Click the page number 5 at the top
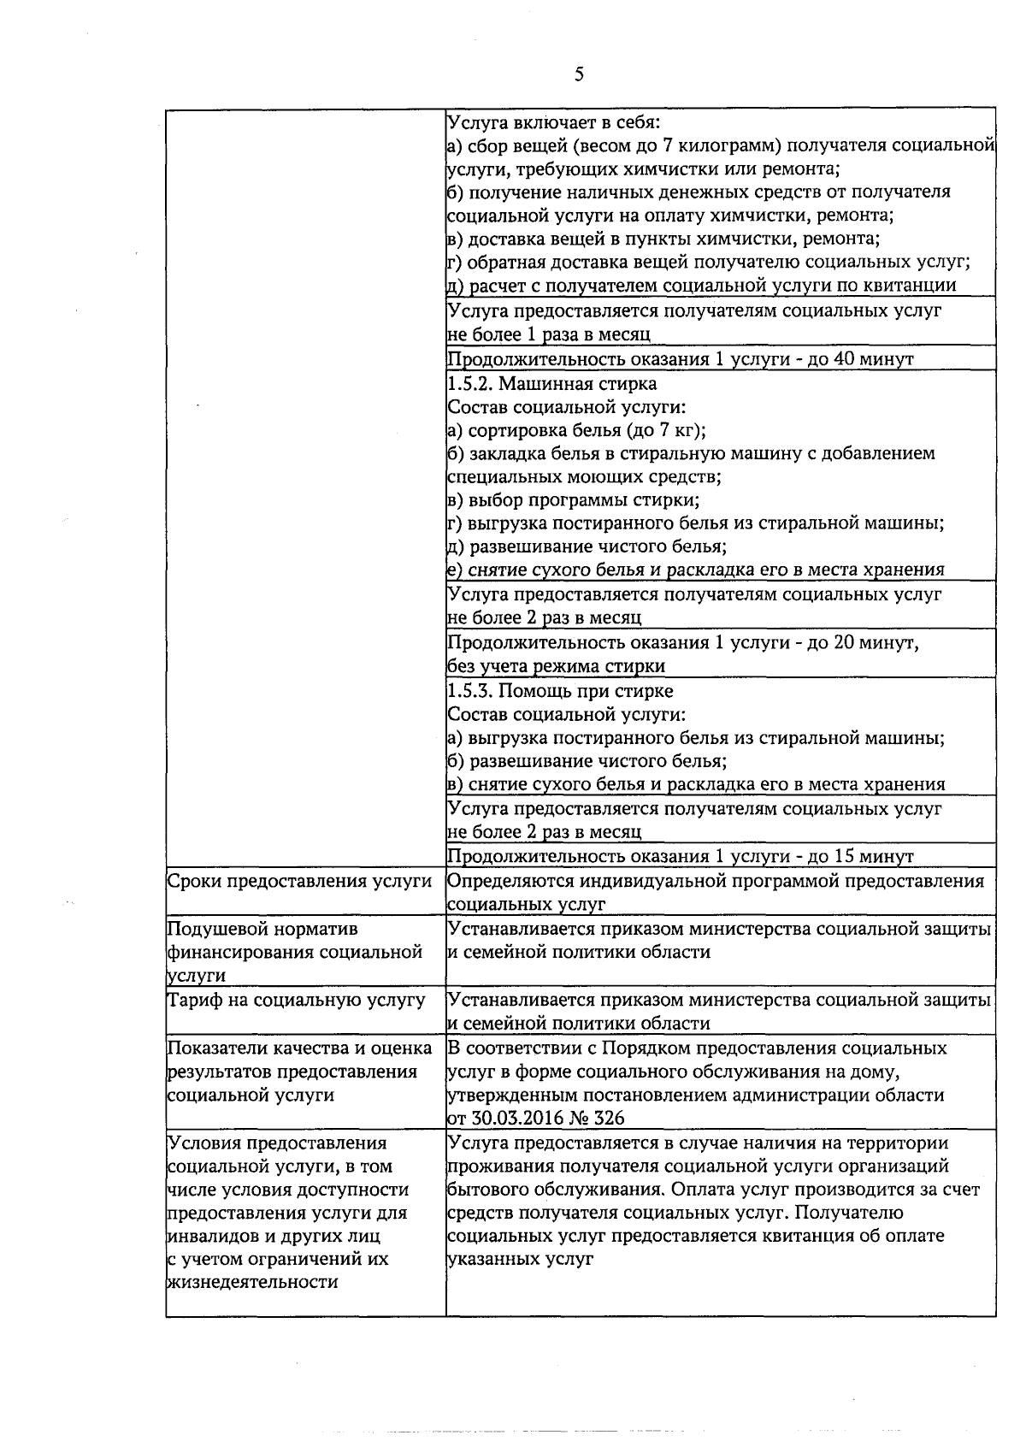pos(580,74)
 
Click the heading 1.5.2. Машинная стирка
pos(552,383)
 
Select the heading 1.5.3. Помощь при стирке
pos(560,690)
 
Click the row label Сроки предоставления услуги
pos(299,881)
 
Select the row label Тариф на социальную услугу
pos(296,999)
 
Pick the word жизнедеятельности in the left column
pos(254,1281)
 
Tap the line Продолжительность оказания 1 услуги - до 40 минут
pos(681,359)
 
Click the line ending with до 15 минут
pos(681,856)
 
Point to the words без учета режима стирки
pos(556,665)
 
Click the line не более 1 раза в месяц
pos(549,334)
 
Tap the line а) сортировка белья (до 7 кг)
pos(577,430)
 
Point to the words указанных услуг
pos(520,1259)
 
